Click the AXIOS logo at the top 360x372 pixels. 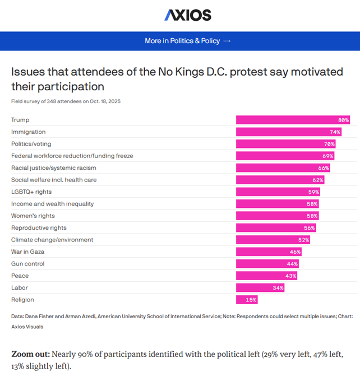click(x=188, y=15)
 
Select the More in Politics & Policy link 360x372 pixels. click(x=187, y=41)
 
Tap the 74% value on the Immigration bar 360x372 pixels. click(x=335, y=132)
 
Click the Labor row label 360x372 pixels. click(x=20, y=288)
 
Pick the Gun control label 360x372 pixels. click(x=27, y=264)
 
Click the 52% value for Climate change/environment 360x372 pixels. click(x=303, y=240)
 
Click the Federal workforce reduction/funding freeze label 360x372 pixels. click(x=72, y=156)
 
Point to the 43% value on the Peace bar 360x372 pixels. click(x=290, y=276)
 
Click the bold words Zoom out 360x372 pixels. click(x=30, y=355)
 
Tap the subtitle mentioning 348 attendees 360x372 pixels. click(x=66, y=101)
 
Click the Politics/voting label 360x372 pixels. click(x=31, y=144)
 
